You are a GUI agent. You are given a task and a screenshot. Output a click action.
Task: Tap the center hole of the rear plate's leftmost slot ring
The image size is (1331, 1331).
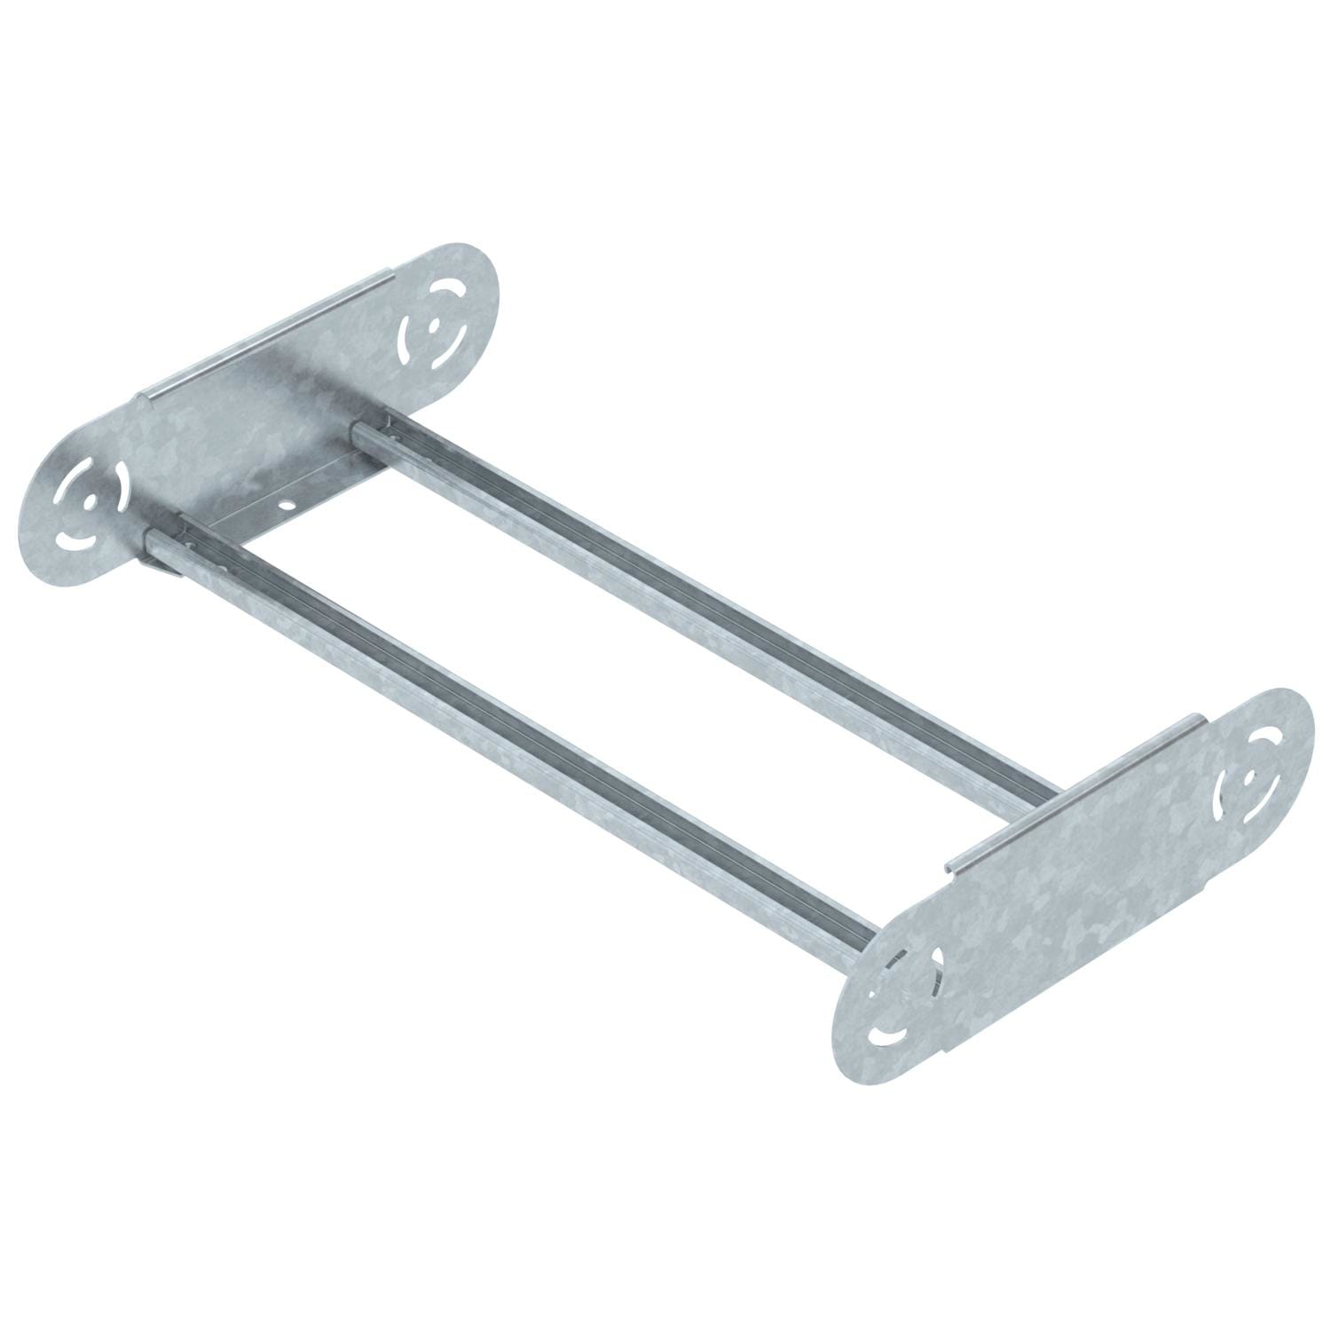(89, 500)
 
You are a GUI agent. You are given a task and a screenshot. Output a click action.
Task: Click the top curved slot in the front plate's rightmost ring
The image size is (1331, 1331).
(1260, 744)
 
